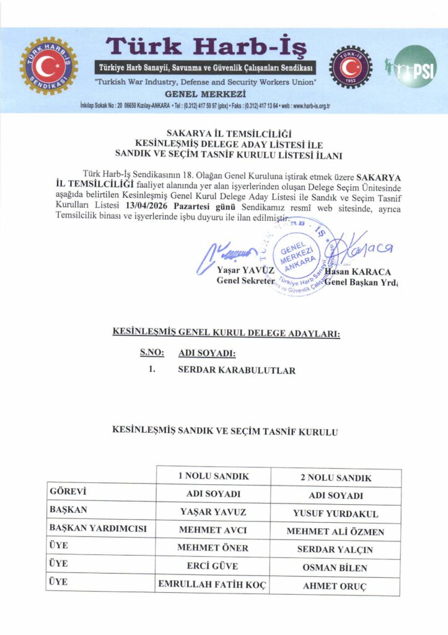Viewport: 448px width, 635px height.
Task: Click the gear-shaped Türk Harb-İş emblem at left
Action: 48,66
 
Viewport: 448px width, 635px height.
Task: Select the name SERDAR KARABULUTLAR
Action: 237,371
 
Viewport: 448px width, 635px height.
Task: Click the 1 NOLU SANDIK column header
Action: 213,476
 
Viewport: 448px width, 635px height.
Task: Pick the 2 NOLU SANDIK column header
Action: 335,478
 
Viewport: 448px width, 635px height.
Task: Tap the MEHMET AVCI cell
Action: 213,531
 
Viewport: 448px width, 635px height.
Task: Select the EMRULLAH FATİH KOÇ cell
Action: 213,584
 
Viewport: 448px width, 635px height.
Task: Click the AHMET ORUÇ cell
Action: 335,586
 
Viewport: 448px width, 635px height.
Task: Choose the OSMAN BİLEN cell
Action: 335,568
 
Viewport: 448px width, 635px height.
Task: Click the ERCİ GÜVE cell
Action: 213,566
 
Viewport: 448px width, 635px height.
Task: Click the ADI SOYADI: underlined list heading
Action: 207,353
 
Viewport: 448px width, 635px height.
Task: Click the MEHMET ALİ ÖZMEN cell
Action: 335,532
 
